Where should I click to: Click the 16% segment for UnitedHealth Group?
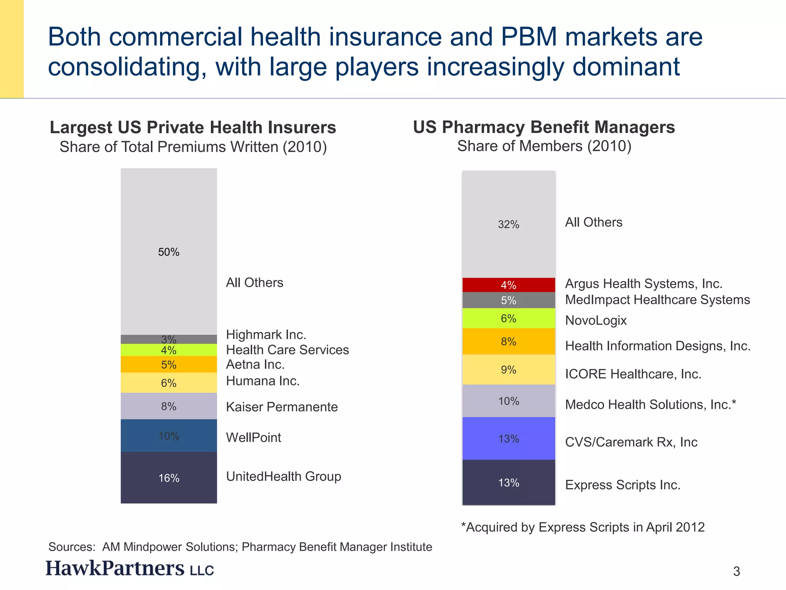[169, 478]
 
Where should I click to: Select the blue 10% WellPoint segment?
[169, 436]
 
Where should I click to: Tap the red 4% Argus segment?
[509, 285]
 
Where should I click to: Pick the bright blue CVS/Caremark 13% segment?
[509, 439]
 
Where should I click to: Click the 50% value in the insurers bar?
[169, 252]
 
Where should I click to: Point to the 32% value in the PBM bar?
[509, 224]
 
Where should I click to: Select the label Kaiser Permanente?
[282, 407]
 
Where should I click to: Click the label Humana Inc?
[263, 381]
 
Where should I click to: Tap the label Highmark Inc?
[266, 335]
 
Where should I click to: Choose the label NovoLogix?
[596, 320]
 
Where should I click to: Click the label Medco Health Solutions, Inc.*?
[650, 404]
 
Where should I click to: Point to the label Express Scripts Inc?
[623, 485]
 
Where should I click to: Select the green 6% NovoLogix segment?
[509, 318]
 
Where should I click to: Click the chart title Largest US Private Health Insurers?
[193, 128]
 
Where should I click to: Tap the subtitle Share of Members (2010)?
[544, 146]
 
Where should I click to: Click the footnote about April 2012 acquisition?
[583, 527]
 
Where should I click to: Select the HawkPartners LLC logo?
[130, 568]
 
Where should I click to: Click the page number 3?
[736, 572]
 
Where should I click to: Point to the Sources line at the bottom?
[240, 547]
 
